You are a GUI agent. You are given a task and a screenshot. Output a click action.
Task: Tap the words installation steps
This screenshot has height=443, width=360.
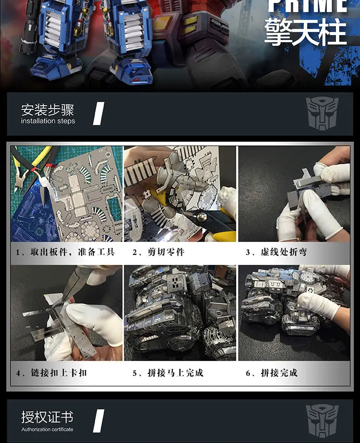tap(48, 121)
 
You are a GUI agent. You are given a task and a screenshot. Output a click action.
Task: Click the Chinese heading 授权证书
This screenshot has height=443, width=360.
tap(47, 417)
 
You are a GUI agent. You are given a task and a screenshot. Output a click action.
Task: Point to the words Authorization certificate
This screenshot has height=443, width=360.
tap(47, 429)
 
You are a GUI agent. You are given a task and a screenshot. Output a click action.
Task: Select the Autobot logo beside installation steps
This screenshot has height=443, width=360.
tap(322, 114)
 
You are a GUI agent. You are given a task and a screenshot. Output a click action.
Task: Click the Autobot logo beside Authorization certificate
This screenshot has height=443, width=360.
tap(322, 421)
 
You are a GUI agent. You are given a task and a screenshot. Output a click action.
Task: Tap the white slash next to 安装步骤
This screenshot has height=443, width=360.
tap(98, 114)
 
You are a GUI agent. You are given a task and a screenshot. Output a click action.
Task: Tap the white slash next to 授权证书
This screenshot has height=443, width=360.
tap(98, 421)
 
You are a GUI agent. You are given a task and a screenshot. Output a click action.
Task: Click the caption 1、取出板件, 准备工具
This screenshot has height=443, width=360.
tap(65, 252)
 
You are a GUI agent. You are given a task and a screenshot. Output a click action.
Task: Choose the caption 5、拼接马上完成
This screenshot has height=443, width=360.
tap(168, 372)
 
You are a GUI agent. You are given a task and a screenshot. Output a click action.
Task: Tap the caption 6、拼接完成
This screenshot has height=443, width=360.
tap(272, 372)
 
